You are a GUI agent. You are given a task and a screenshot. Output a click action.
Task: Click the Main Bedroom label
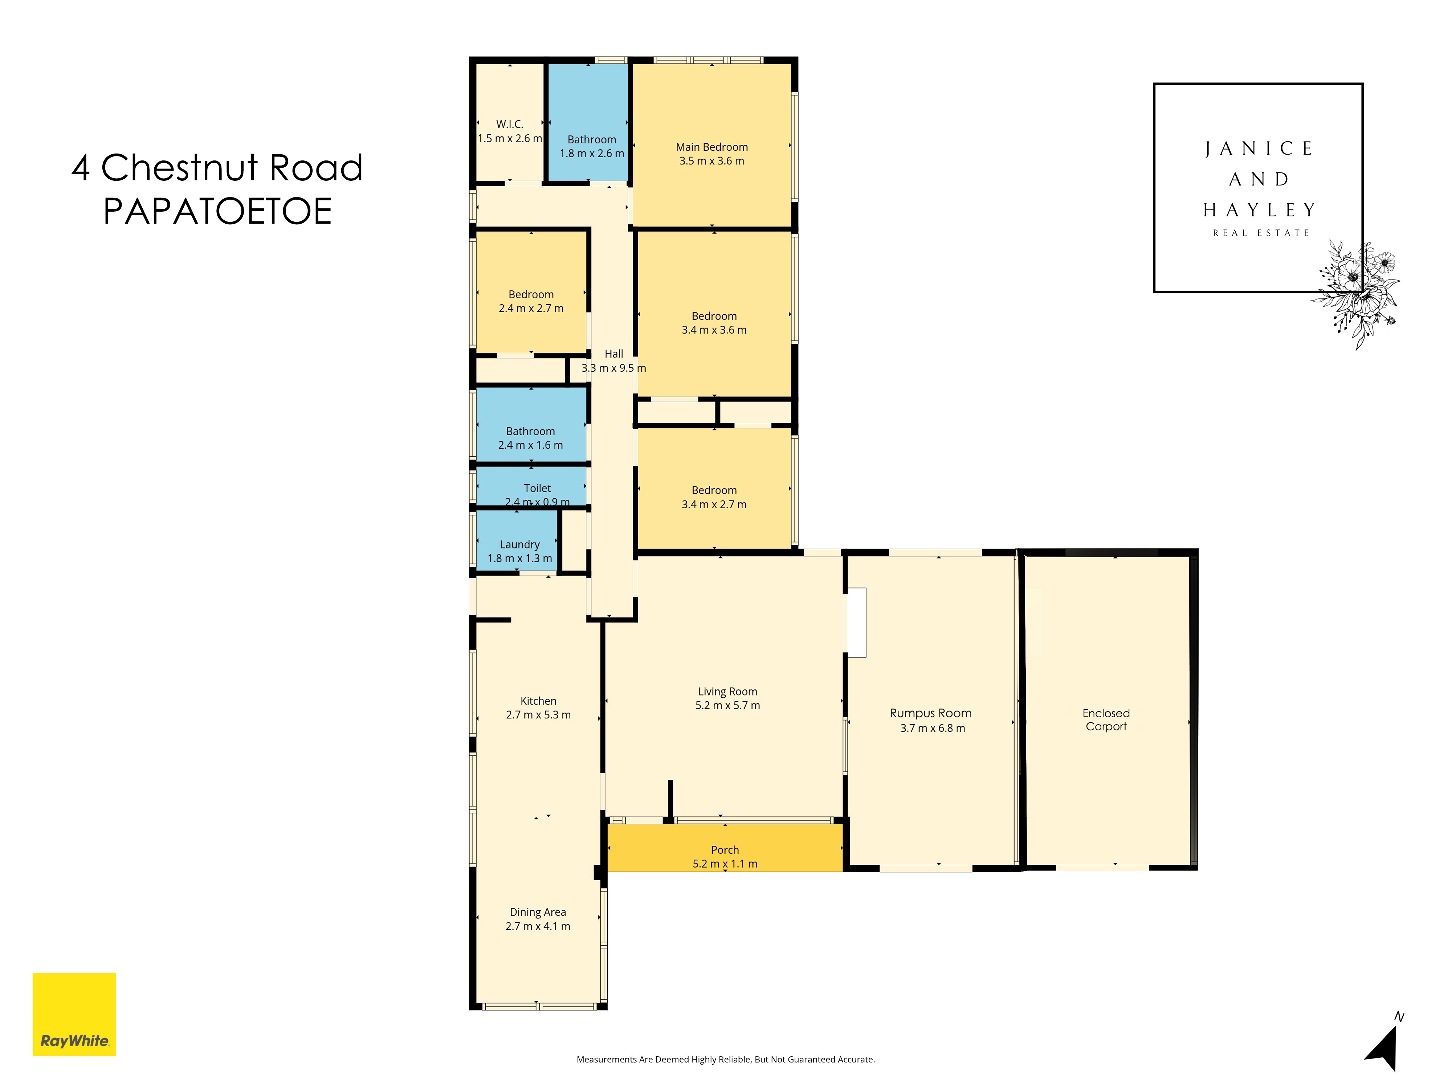(x=711, y=147)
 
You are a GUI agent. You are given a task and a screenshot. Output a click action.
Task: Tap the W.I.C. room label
(x=509, y=124)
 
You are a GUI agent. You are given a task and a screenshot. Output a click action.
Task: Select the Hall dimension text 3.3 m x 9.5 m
(x=614, y=368)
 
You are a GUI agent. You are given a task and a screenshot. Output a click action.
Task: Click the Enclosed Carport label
(x=1106, y=719)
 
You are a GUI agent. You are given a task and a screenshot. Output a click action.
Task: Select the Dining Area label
(x=538, y=912)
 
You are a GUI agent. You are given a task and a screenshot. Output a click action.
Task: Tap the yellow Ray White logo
(x=74, y=1014)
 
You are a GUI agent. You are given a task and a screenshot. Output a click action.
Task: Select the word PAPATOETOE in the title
(x=217, y=211)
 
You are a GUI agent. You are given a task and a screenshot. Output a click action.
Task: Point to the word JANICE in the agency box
(x=1259, y=149)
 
